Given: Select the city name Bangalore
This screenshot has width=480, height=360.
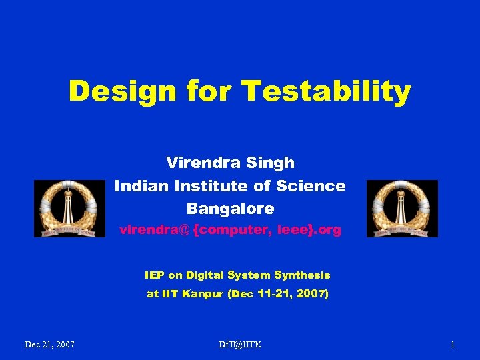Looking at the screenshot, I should click(x=230, y=209).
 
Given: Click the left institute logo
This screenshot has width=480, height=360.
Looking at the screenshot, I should click(x=69, y=208).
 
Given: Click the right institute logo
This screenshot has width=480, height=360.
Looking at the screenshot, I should click(x=402, y=208).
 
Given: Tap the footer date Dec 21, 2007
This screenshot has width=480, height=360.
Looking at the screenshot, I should click(x=49, y=345).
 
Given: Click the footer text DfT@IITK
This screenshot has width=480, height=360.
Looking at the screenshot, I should click(x=239, y=345).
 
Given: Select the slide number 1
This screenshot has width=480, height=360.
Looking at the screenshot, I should click(x=453, y=345).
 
